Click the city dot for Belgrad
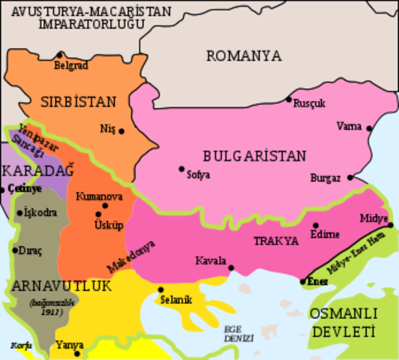(x=60, y=55)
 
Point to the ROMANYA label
(x=244, y=55)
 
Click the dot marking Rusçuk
(x=289, y=99)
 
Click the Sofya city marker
(x=181, y=169)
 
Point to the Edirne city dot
(x=316, y=225)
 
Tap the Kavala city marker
(x=231, y=267)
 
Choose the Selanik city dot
(x=160, y=289)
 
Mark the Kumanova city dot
(x=105, y=205)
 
